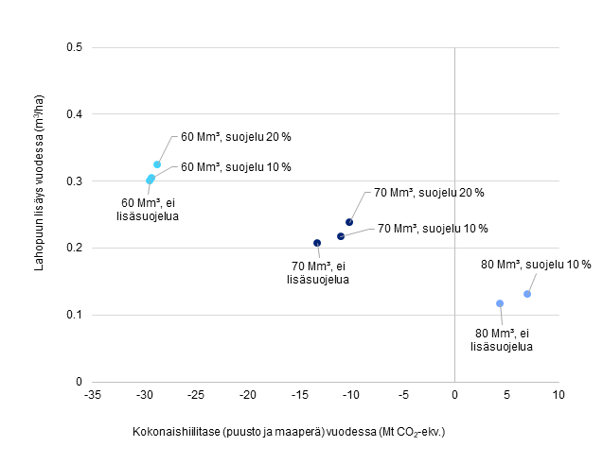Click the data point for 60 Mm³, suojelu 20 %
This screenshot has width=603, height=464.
click(x=157, y=164)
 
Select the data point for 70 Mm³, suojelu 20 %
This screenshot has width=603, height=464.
click(x=349, y=222)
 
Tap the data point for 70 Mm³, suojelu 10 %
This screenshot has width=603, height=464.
click(x=341, y=235)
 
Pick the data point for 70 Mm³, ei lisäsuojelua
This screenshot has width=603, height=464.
click(x=317, y=243)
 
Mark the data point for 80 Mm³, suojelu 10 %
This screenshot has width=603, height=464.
click(x=527, y=294)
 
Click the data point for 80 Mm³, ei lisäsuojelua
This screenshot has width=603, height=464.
click(x=500, y=303)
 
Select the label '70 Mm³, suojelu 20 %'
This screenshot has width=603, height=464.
click(x=429, y=193)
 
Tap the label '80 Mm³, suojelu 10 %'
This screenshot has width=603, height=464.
click(x=536, y=264)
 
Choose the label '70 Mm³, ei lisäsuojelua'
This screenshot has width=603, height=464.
click(x=318, y=272)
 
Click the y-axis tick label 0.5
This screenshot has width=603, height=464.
click(x=73, y=47)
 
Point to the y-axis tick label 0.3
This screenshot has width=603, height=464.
click(x=73, y=181)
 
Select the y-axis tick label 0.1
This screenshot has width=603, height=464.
click(x=73, y=315)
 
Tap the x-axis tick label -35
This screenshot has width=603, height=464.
click(x=93, y=394)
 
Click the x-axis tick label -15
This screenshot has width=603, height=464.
click(x=299, y=394)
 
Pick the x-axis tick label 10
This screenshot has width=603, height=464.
click(x=558, y=394)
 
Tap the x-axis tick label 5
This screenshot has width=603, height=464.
click(x=506, y=394)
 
